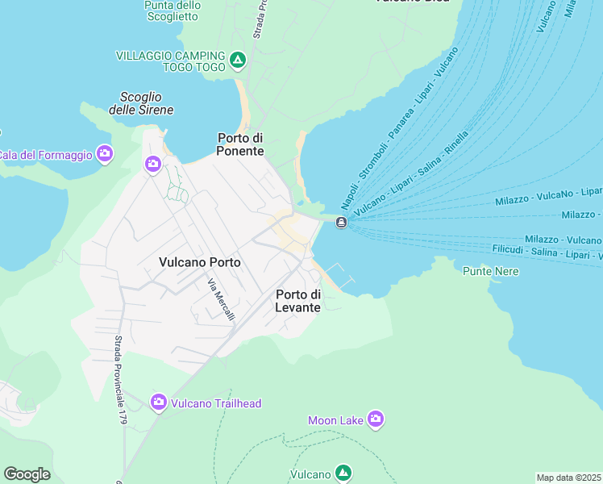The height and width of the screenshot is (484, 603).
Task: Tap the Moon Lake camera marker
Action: pyautogui.click(x=375, y=419)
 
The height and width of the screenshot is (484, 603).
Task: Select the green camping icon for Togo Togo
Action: pyautogui.click(x=237, y=60)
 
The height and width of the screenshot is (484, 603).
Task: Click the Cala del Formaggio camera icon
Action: pyautogui.click(x=104, y=153)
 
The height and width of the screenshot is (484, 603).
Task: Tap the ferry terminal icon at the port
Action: pyautogui.click(x=341, y=223)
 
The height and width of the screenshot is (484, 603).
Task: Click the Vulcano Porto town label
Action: pyautogui.click(x=200, y=262)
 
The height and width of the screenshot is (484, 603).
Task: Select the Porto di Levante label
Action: pyautogui.click(x=298, y=301)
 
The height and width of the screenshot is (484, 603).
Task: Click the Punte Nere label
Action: pyautogui.click(x=490, y=271)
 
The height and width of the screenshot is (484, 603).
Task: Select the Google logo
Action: pyautogui.click(x=27, y=474)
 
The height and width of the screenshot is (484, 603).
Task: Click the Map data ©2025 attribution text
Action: pyautogui.click(x=568, y=478)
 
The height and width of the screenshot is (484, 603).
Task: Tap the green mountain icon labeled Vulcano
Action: pyautogui.click(x=343, y=472)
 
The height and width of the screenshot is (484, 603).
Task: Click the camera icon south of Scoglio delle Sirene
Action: pyautogui.click(x=153, y=165)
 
